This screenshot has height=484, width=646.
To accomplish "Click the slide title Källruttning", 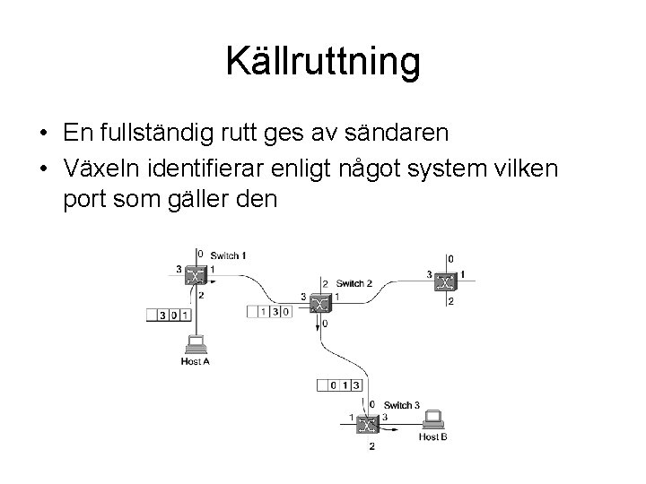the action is click(x=323, y=62).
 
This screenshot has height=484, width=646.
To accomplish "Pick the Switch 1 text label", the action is click(x=229, y=255).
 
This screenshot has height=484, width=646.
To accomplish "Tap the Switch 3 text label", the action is click(x=401, y=405).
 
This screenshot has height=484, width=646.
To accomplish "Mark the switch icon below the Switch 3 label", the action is click(x=367, y=425).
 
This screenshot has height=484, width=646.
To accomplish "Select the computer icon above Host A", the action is click(x=196, y=344).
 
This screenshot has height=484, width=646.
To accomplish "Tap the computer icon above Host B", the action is click(x=435, y=419).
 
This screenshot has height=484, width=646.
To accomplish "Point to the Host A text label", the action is click(x=196, y=361).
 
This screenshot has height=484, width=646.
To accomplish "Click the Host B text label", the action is click(x=433, y=436).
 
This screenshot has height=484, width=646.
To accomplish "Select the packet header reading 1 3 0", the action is click(x=270, y=311).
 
